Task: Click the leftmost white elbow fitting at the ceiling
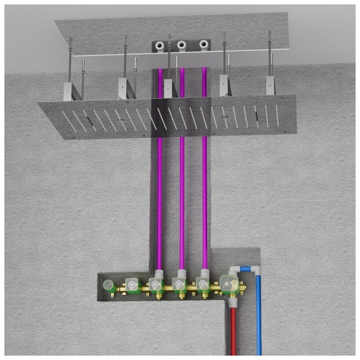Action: [x=161, y=45]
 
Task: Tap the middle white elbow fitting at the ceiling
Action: [x=181, y=44]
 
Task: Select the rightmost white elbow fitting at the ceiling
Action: [x=204, y=44]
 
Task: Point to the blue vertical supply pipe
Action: [x=259, y=316]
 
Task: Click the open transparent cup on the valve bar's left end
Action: [x=108, y=286]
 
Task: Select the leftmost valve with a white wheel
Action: [x=131, y=285]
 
